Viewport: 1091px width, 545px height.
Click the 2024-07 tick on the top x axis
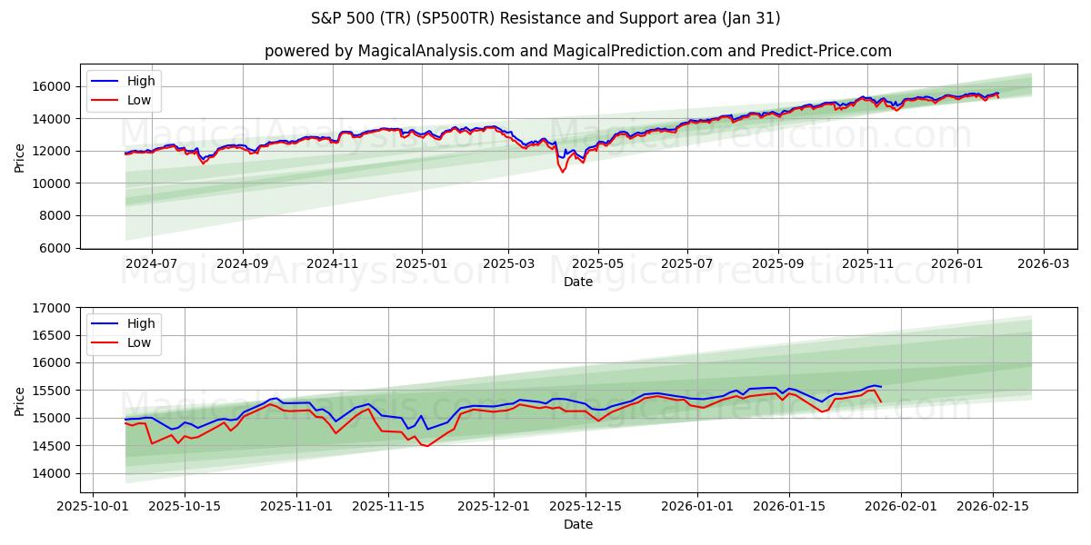(x=151, y=263)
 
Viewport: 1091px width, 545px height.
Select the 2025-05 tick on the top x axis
(x=598, y=263)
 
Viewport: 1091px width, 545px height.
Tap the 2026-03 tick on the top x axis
(x=1043, y=263)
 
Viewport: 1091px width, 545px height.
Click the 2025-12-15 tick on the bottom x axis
(x=585, y=506)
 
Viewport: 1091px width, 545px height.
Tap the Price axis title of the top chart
(x=20, y=156)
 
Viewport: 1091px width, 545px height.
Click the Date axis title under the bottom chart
(x=577, y=524)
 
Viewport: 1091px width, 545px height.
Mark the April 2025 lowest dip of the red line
(x=563, y=172)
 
